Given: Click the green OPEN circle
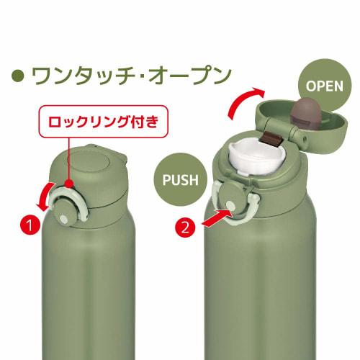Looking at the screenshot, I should (322, 85).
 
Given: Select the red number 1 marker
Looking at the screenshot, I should (30, 226).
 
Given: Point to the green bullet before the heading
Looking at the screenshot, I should (19, 74).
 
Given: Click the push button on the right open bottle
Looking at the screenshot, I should (235, 206).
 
